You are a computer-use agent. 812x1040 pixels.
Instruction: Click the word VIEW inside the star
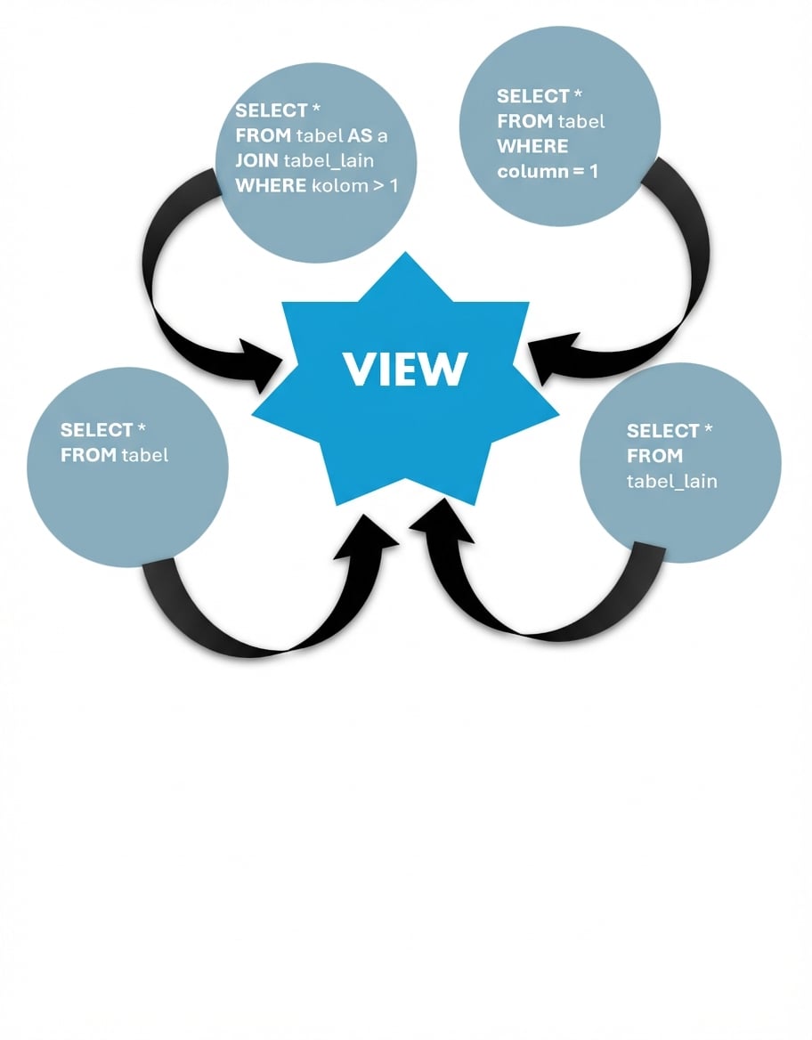[x=405, y=368]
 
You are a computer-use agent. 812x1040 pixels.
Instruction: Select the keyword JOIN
[x=256, y=161]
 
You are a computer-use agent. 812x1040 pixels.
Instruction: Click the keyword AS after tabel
[x=353, y=136]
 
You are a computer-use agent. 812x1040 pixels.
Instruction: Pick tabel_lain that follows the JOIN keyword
[x=329, y=161]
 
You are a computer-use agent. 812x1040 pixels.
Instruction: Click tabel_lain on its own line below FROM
[x=672, y=482]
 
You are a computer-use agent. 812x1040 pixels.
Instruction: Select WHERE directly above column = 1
[x=532, y=146]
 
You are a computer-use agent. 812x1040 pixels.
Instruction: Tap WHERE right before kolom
[x=271, y=186]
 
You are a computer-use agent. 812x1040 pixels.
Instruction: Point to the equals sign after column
[x=576, y=171]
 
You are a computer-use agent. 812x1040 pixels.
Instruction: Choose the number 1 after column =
[x=593, y=171]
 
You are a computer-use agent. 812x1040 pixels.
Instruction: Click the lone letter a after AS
[x=382, y=137]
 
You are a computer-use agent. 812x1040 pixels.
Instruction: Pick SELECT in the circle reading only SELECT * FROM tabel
[x=96, y=430]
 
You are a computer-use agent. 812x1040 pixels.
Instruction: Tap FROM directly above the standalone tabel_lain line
[x=654, y=456]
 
